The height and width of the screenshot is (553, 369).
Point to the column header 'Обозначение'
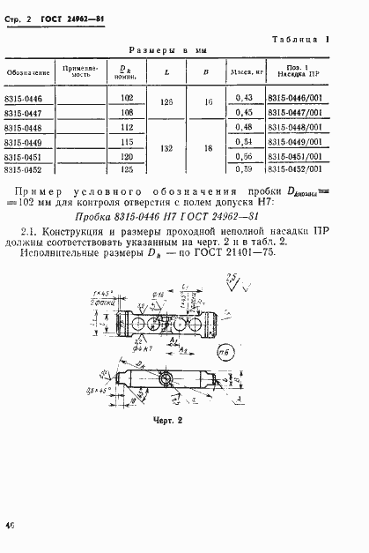26,71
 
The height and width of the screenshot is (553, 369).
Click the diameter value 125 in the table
125,169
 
